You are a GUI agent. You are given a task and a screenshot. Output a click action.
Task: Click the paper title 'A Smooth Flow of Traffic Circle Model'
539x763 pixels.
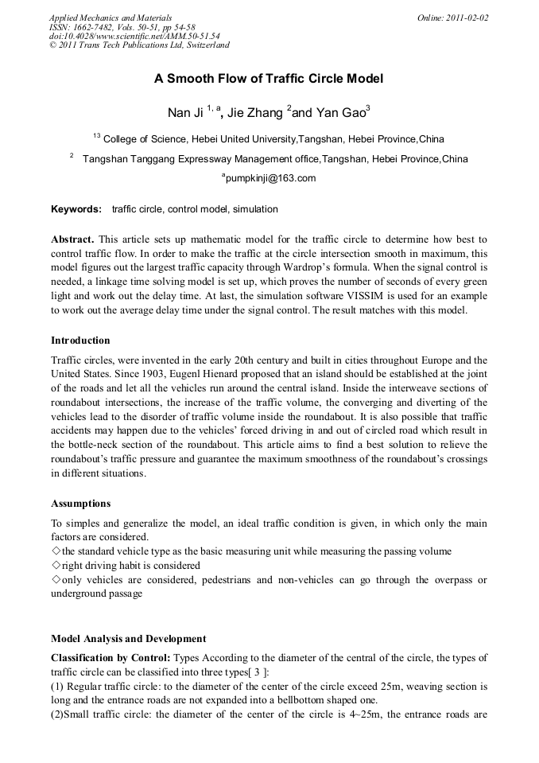pyautogui.click(x=269, y=79)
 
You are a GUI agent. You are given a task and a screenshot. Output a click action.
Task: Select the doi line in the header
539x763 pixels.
pyautogui.click(x=134, y=36)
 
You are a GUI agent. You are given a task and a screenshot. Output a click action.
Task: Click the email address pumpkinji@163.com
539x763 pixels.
pyautogui.click(x=271, y=178)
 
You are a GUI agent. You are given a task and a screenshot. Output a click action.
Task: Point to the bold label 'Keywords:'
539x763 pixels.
pyautogui.click(x=76, y=209)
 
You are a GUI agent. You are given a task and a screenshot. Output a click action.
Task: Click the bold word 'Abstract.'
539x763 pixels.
pyautogui.click(x=73, y=239)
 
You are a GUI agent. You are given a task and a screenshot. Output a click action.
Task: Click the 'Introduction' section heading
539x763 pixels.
pyautogui.click(x=80, y=341)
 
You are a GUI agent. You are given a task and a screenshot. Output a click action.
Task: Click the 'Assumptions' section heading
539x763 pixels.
pyautogui.click(x=80, y=504)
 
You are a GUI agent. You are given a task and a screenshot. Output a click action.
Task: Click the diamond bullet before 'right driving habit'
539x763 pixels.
pyautogui.click(x=56, y=566)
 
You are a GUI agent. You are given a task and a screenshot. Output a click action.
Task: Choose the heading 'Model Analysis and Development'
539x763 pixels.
pyautogui.click(x=128, y=638)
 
